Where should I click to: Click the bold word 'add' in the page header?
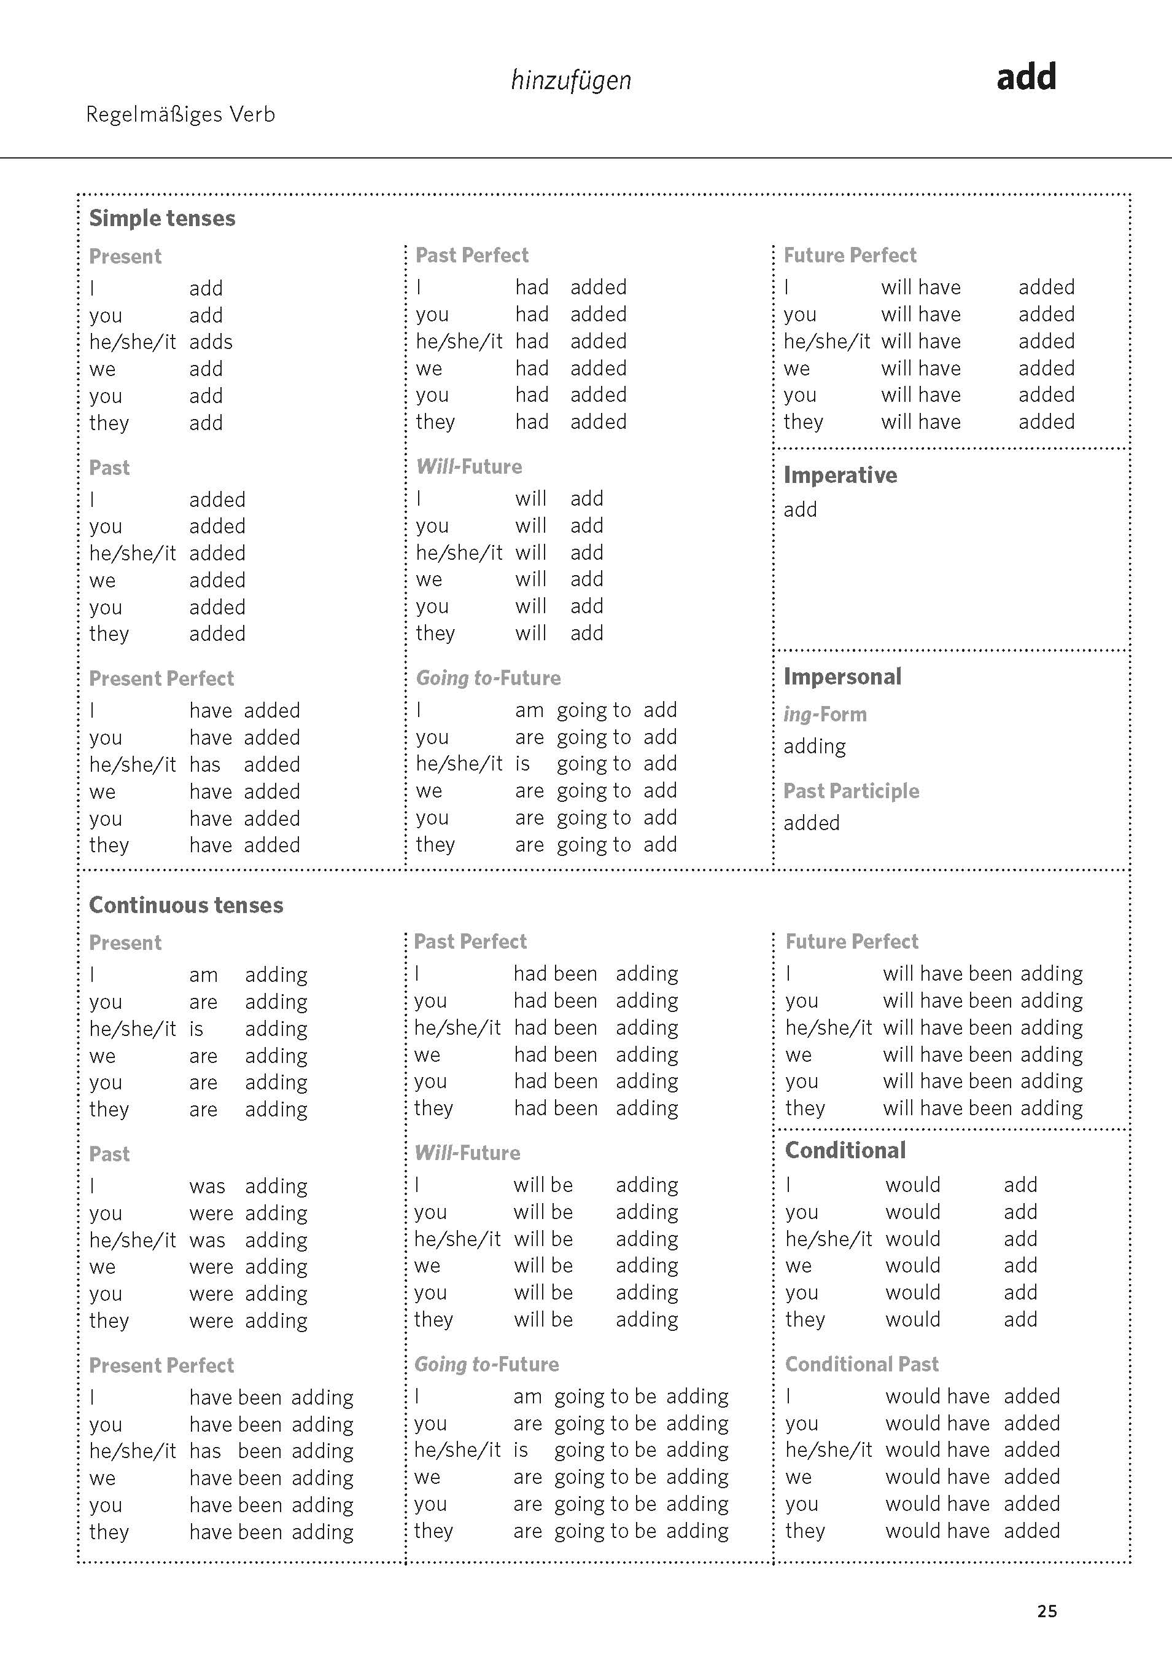point(1025,77)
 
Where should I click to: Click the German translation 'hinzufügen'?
point(570,80)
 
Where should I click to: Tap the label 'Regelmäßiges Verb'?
point(180,114)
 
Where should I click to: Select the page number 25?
point(1047,1610)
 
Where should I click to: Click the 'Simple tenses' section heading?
point(161,218)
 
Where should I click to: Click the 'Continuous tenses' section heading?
point(185,904)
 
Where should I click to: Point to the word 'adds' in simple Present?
point(211,342)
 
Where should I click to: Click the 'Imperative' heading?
point(840,475)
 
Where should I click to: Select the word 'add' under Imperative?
point(800,509)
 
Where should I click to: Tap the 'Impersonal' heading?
point(842,677)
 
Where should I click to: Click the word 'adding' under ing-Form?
point(815,747)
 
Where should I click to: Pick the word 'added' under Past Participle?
point(812,823)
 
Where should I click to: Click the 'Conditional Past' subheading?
point(861,1363)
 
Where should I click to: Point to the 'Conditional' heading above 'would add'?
point(845,1150)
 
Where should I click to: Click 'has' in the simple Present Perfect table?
point(204,764)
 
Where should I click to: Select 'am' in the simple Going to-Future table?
point(529,710)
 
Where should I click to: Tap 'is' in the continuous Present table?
point(196,1029)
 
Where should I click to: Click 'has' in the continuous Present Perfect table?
point(204,1450)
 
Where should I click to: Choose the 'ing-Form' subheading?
point(825,714)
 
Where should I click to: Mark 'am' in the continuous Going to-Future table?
point(527,1397)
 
